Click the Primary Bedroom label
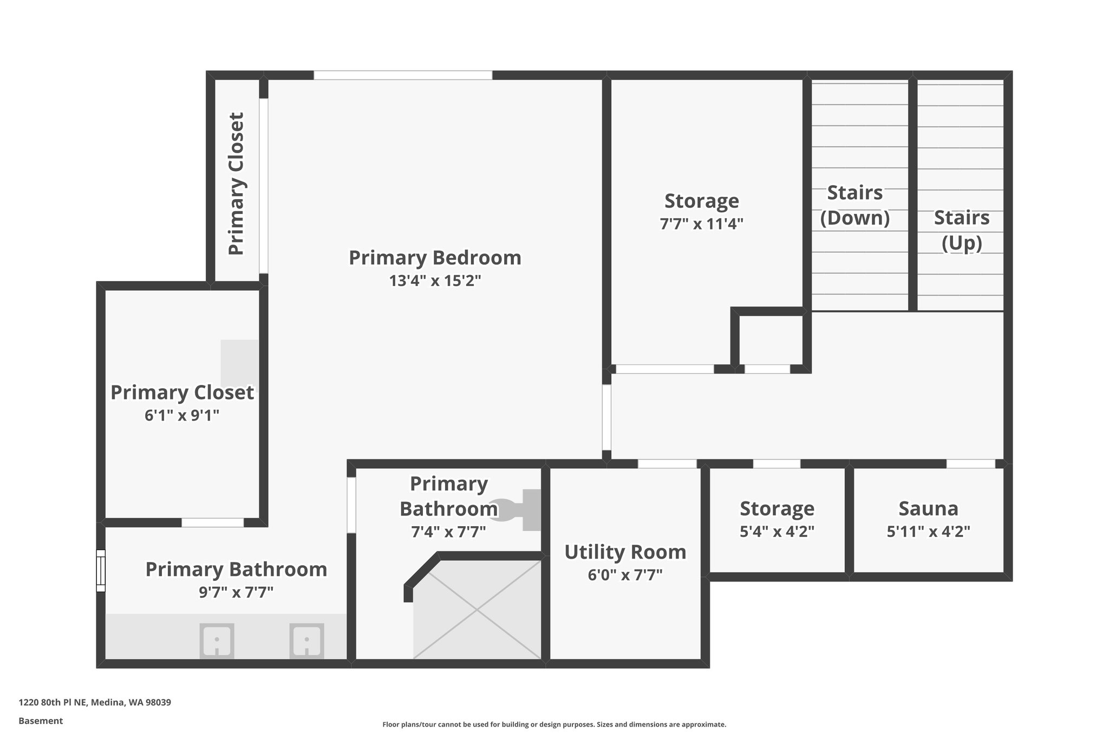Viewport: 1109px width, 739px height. pyautogui.click(x=435, y=258)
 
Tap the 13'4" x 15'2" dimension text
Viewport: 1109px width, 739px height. pyautogui.click(x=435, y=281)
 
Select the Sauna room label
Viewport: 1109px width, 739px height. pyautogui.click(x=928, y=509)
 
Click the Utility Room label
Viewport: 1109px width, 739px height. pyautogui.click(x=625, y=552)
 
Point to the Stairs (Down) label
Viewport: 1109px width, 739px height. pyautogui.click(x=854, y=205)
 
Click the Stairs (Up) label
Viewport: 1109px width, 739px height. pyautogui.click(x=961, y=230)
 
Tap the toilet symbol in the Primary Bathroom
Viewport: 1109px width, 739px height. pyautogui.click(x=517, y=509)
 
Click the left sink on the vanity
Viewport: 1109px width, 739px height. pyautogui.click(x=217, y=641)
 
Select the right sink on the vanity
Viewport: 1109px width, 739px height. pyautogui.click(x=306, y=641)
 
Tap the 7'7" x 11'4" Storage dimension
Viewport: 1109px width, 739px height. pyautogui.click(x=701, y=224)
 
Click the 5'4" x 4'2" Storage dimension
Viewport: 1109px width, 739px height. pyautogui.click(x=777, y=532)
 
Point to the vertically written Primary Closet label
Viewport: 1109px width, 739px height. pyautogui.click(x=236, y=184)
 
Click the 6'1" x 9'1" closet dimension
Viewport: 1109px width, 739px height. pyautogui.click(x=182, y=416)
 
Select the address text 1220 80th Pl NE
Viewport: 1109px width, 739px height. pyautogui.click(x=95, y=703)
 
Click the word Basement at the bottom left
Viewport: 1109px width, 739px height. pyautogui.click(x=41, y=721)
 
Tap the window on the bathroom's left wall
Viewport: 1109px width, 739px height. pyautogui.click(x=101, y=571)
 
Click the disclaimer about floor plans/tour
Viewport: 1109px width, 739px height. pyautogui.click(x=554, y=724)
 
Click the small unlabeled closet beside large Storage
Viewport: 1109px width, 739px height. pyautogui.click(x=771, y=340)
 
